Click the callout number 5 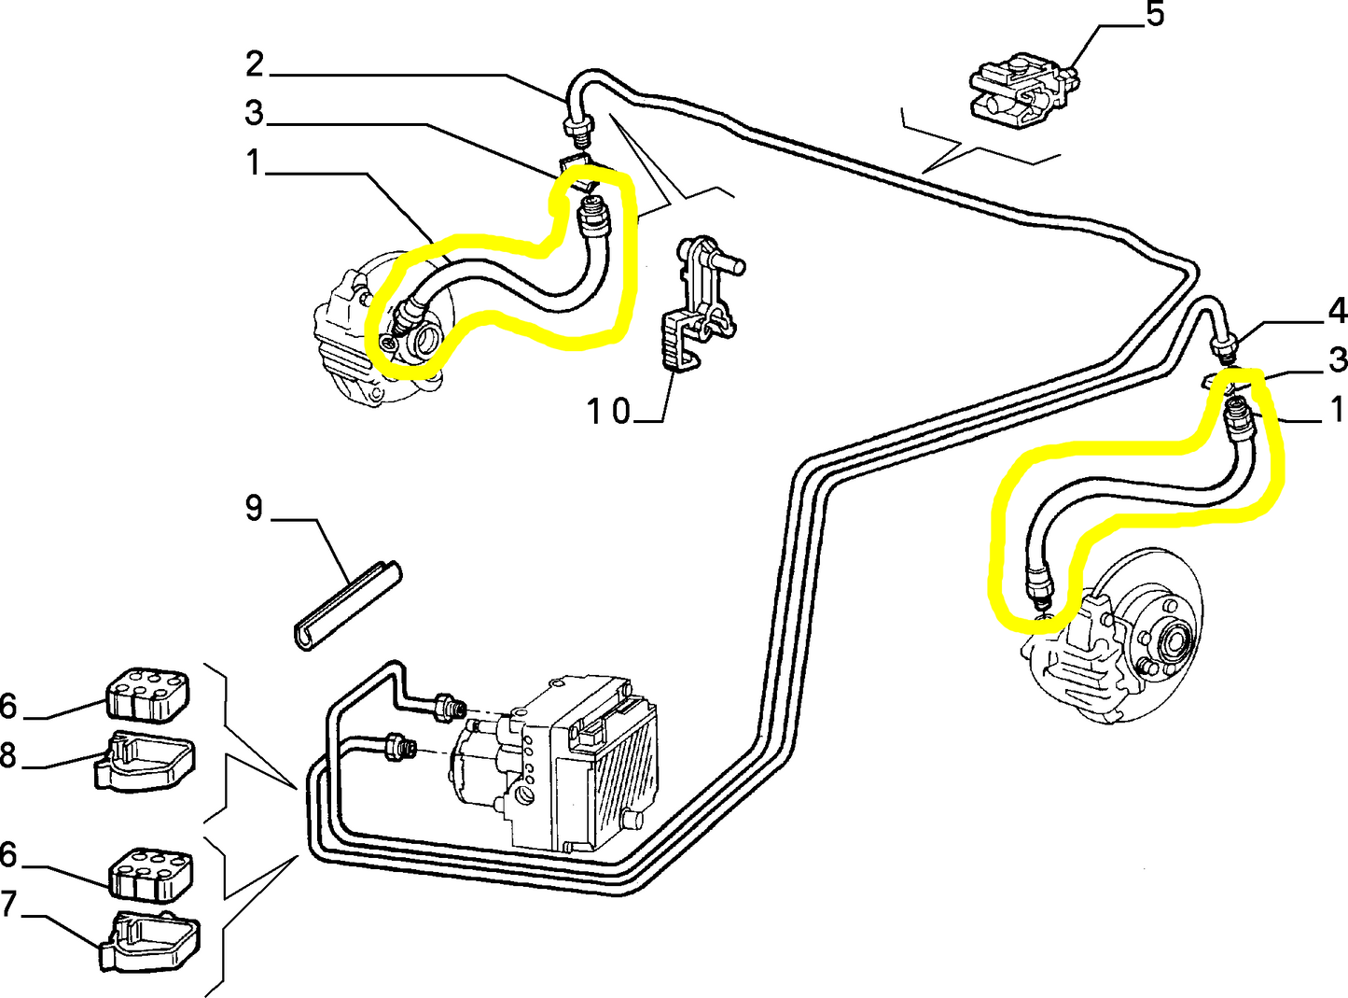click(1155, 15)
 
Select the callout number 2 click(255, 64)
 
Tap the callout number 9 click(254, 509)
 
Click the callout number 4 click(1337, 311)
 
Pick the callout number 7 click(8, 904)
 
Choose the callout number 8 click(8, 754)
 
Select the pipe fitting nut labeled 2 click(576, 126)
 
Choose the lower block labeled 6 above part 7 click(152, 873)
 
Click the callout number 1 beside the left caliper click(253, 163)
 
